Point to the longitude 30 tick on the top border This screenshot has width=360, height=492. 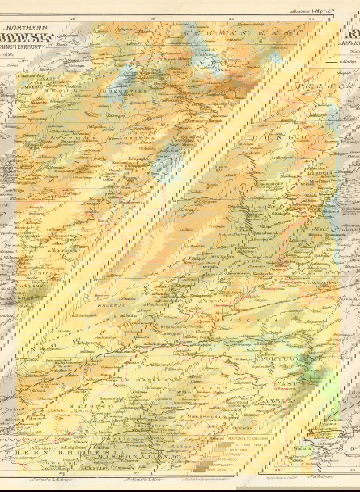(x=152, y=18)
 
